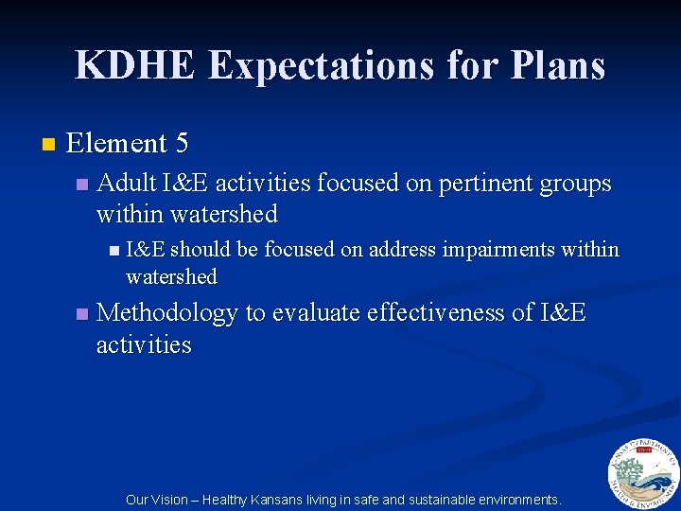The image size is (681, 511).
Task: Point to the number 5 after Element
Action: click(182, 144)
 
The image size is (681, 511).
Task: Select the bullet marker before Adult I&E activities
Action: click(81, 184)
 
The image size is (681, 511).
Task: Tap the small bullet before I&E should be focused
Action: click(113, 251)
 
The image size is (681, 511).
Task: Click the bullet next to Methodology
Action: click(81, 313)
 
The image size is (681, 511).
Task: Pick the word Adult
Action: click(127, 183)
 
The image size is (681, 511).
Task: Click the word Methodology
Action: click(167, 313)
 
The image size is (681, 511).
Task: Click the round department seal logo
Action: click(643, 475)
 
